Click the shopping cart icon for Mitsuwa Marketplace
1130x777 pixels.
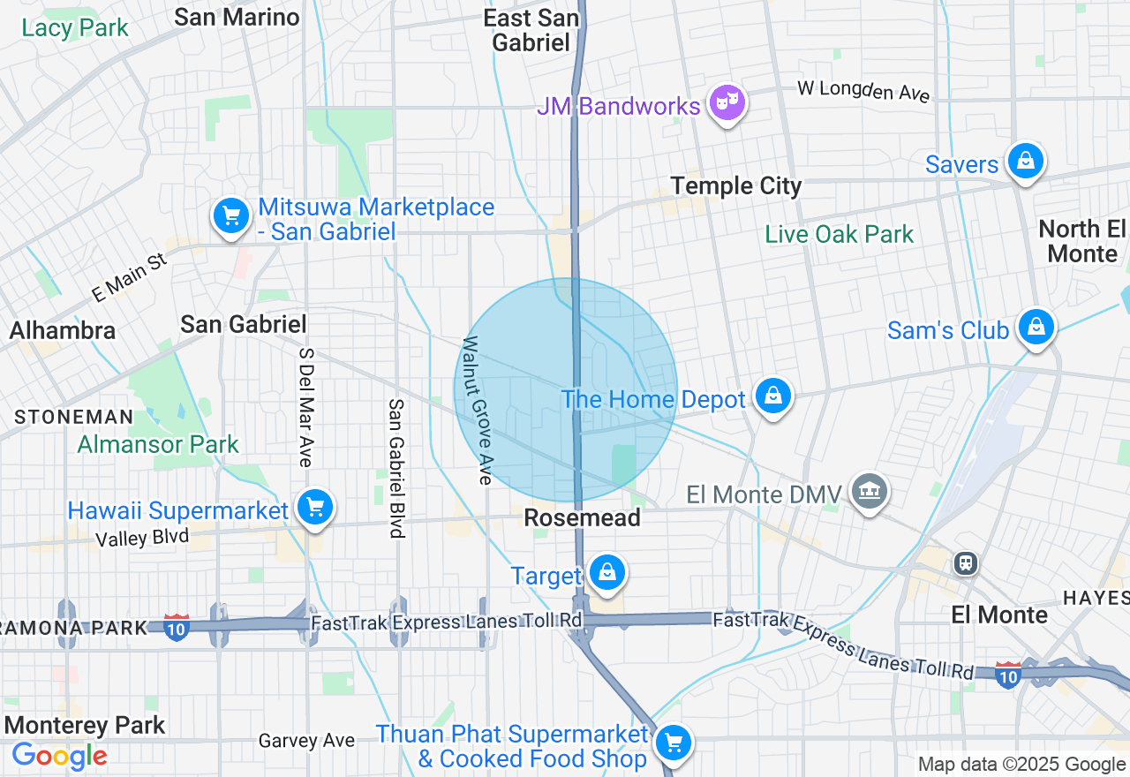[230, 215]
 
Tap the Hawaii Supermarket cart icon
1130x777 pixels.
[315, 507]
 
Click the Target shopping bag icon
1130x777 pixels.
[607, 572]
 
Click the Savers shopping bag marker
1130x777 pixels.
[1026, 161]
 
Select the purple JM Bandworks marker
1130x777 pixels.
[727, 102]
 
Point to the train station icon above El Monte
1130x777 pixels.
[967, 563]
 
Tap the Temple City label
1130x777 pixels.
[736, 186]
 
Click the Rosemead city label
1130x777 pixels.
[582, 518]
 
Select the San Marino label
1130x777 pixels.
[237, 17]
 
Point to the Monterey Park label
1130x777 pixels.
[85, 726]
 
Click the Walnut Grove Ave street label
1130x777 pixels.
[477, 411]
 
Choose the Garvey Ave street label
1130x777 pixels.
[306, 741]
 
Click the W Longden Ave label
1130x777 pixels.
[863, 91]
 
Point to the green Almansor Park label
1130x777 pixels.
[158, 444]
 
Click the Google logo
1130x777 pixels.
[59, 756]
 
